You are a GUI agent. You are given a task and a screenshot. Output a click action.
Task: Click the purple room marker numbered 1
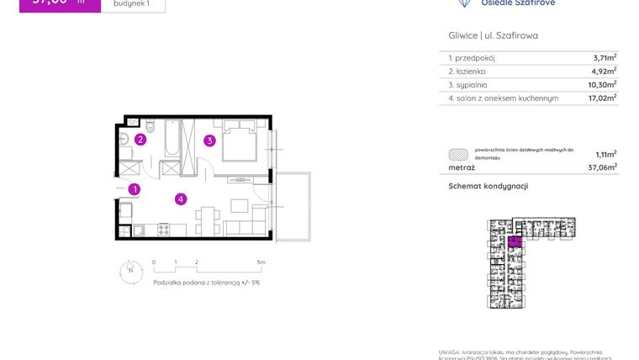point(135,190)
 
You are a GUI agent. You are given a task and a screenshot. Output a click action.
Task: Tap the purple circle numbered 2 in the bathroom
point(141,140)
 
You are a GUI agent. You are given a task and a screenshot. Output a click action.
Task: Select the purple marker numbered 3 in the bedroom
point(209,140)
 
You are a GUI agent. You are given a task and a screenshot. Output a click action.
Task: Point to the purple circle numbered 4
point(181,199)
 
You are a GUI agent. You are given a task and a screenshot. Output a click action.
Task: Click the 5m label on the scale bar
point(261,262)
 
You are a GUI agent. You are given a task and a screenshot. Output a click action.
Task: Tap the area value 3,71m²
point(605,58)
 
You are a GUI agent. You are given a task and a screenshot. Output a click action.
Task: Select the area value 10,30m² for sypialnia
point(603,85)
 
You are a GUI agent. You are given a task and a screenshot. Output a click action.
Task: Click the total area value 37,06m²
point(603,167)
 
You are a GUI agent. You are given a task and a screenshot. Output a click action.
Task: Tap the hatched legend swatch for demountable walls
point(458,154)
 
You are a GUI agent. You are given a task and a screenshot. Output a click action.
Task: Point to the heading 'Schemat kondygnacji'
point(488,186)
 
